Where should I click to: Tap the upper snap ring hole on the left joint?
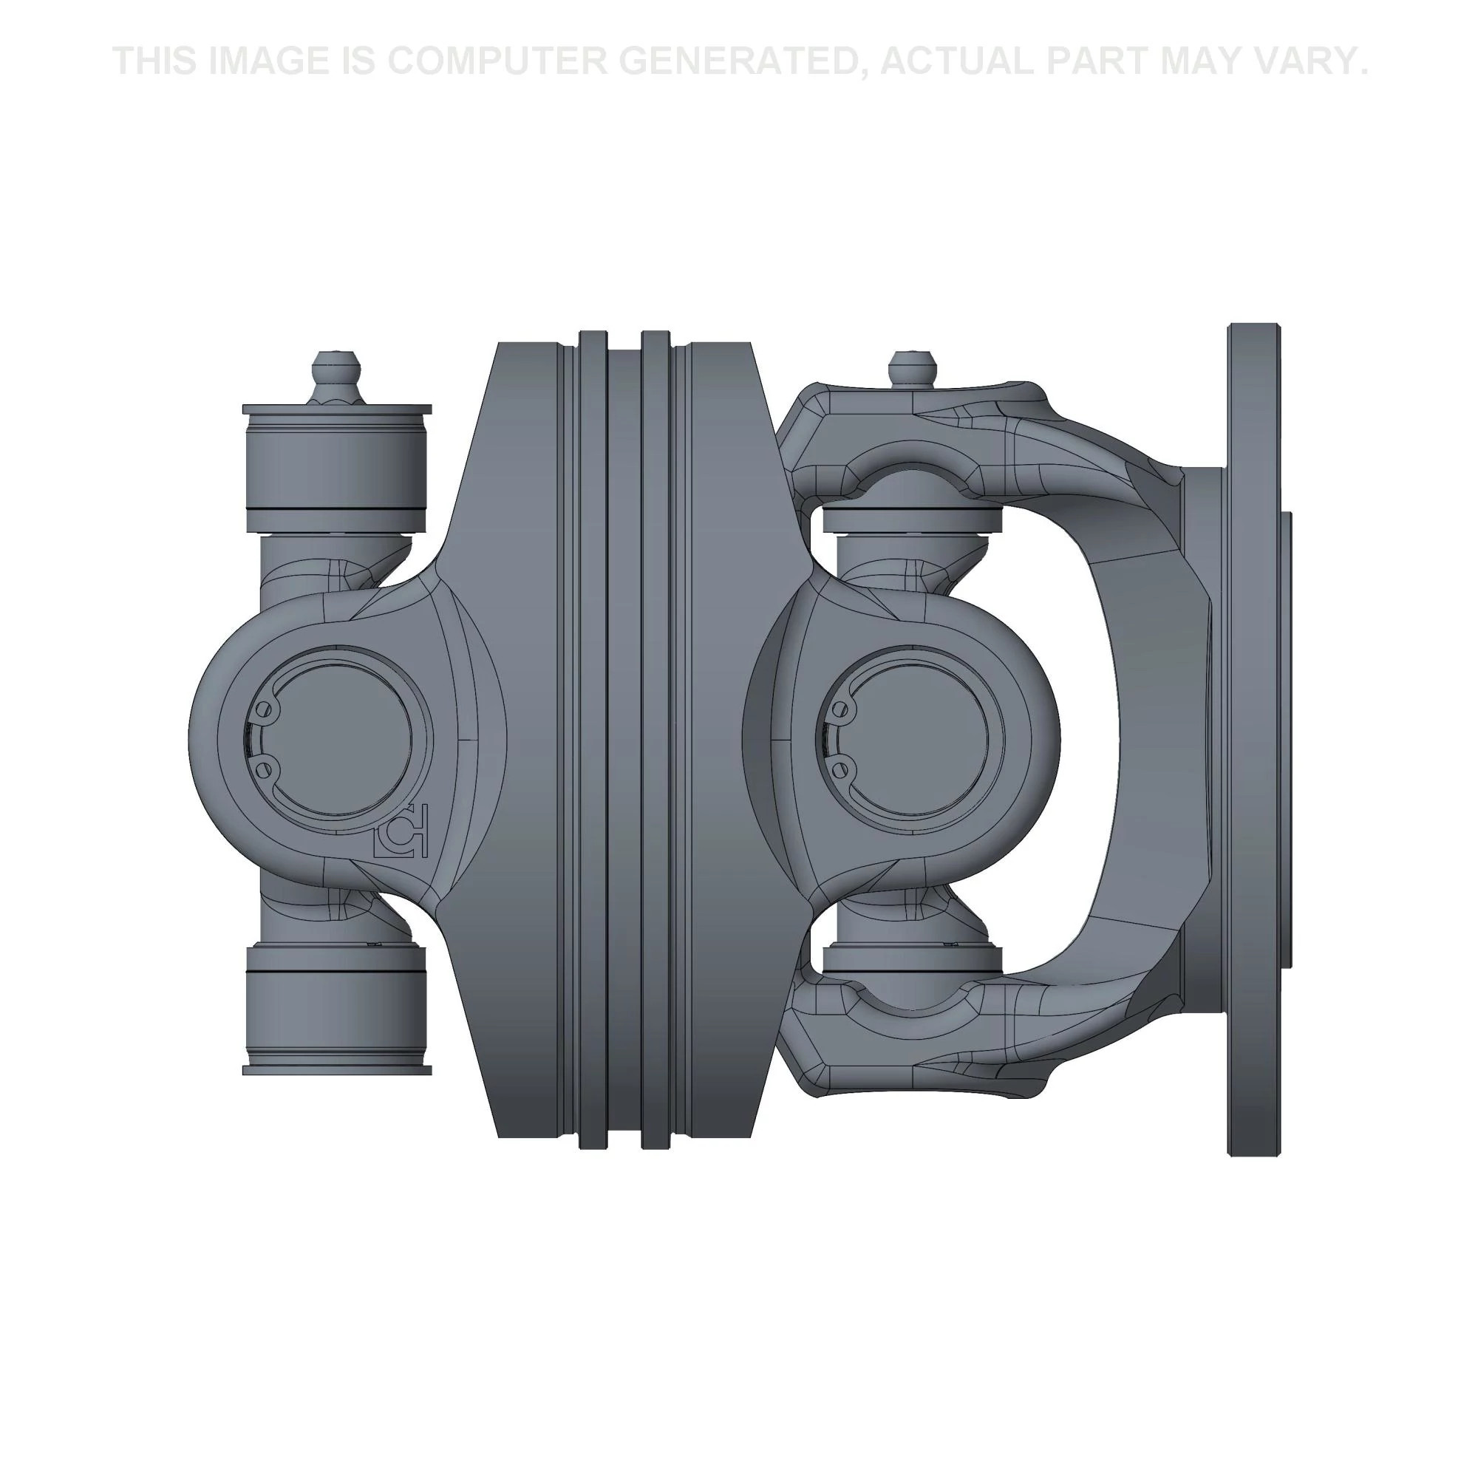[266, 708]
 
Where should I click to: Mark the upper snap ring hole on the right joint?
[842, 709]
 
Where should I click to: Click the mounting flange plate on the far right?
[1253, 739]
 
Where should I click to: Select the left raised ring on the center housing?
[593, 739]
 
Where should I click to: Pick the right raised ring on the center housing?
[655, 739]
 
